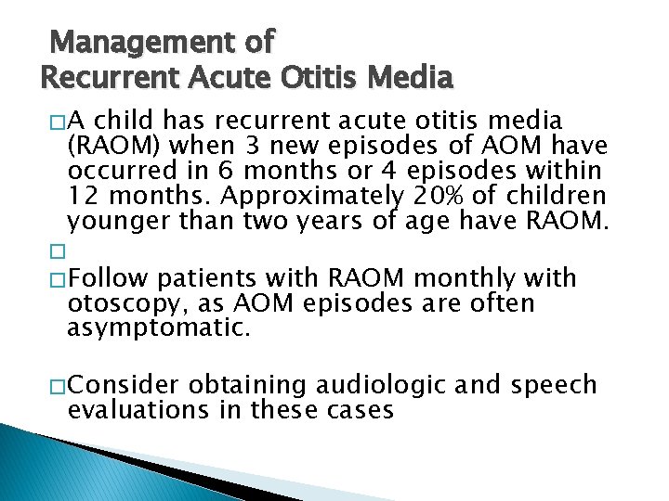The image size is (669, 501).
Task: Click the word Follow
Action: [110, 278]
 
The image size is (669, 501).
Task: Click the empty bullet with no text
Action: [58, 252]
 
